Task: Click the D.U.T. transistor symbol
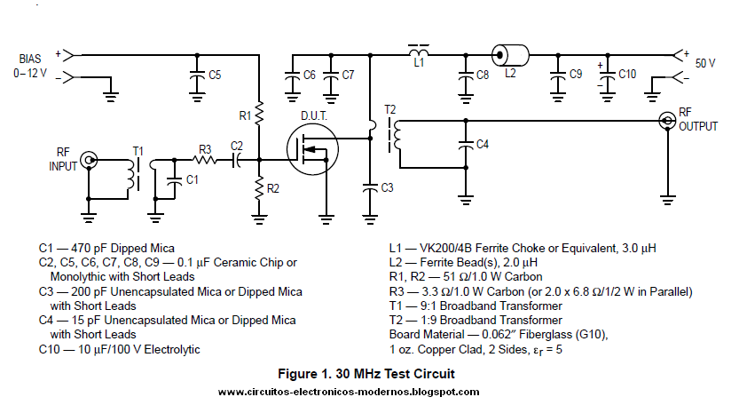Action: click(x=311, y=150)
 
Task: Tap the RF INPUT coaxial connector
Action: click(x=89, y=161)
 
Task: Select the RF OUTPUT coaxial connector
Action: click(x=667, y=121)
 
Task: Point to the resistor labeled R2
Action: click(x=259, y=187)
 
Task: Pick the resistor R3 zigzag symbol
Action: click(x=205, y=161)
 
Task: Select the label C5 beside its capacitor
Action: click(x=215, y=75)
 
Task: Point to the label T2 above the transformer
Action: click(x=390, y=109)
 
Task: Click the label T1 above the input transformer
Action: click(x=138, y=151)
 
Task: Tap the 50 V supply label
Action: click(x=705, y=63)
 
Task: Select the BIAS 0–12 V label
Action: click(x=29, y=66)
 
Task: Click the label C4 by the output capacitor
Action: click(x=482, y=143)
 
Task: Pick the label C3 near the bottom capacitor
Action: click(x=387, y=187)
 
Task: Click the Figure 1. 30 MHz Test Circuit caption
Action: click(x=368, y=374)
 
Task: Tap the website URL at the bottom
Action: click(x=348, y=392)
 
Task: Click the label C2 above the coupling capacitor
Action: click(x=237, y=145)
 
